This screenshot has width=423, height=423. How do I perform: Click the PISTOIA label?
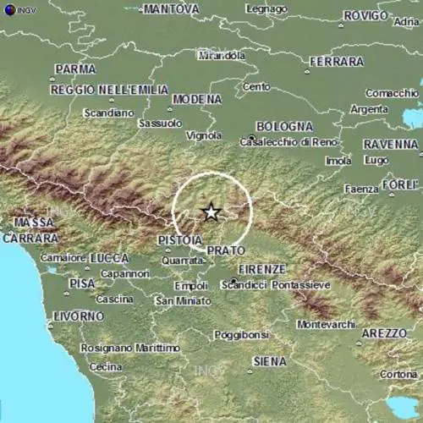(179, 241)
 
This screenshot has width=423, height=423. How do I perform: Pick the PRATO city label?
(226, 251)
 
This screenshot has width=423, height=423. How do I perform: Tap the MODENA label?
(196, 99)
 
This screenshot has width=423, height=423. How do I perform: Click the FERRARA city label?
(337, 62)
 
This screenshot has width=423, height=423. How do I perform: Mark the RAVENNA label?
(390, 145)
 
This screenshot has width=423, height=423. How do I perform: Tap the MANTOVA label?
(171, 9)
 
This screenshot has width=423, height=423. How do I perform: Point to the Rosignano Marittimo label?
(130, 348)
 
